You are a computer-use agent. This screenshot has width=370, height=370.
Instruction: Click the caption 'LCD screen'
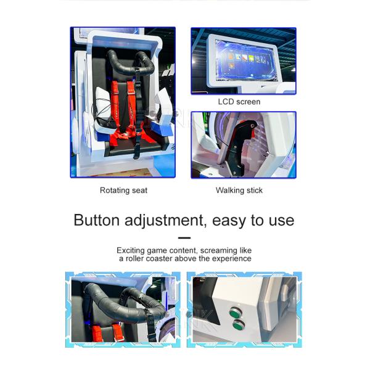(x=239, y=102)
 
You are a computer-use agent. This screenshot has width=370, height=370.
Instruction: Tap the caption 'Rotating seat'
(x=123, y=191)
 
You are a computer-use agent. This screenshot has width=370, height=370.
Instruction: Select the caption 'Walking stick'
(x=239, y=191)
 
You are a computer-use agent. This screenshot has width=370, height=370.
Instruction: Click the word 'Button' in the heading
(x=97, y=220)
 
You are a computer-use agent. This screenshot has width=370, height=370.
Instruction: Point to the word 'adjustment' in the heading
(x=164, y=221)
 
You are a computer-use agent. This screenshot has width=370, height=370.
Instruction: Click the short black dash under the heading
(x=184, y=238)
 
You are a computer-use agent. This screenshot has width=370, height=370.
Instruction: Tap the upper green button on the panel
(x=235, y=313)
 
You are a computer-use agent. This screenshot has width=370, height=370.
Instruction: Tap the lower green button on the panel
(x=239, y=325)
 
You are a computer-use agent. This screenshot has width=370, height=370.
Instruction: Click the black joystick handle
(x=238, y=146)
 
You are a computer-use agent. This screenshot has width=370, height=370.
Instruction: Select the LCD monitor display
(x=246, y=60)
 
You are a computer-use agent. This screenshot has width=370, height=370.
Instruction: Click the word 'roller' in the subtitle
(x=134, y=258)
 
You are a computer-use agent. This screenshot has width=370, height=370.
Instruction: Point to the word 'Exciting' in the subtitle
(x=131, y=250)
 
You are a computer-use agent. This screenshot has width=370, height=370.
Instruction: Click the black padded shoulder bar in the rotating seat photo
(x=131, y=63)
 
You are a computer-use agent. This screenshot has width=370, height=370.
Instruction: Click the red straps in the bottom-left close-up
(x=106, y=332)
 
